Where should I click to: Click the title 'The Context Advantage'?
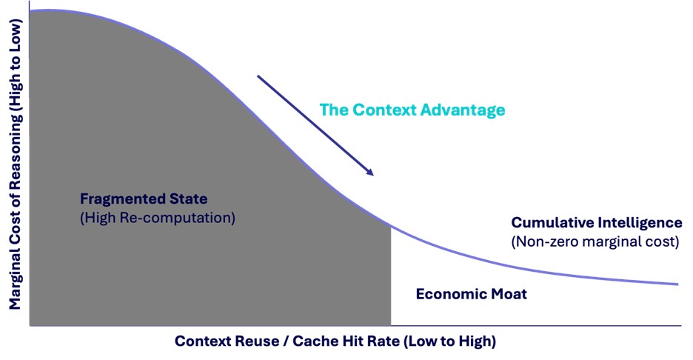click(412, 110)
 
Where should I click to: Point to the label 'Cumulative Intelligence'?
click(596, 222)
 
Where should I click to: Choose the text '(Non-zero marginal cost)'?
click(595, 241)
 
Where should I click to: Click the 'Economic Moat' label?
click(471, 294)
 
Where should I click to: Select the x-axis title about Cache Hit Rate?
click(335, 341)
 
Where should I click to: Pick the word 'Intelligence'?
click(640, 222)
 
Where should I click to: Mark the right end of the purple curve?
click(677, 284)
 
